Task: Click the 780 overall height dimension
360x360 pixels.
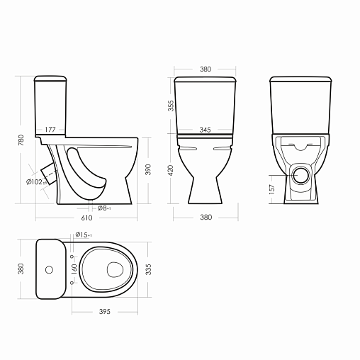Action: [21, 140]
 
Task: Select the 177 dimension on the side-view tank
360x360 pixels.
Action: [50, 130]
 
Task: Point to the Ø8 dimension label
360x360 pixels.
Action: [104, 208]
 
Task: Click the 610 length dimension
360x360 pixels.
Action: [86, 218]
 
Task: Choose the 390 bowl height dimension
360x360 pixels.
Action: [148, 169]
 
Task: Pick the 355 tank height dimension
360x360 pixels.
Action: [171, 106]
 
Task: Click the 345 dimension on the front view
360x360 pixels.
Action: [205, 130]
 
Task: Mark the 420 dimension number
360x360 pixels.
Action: [171, 170]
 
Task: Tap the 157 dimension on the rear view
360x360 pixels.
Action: [272, 189]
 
